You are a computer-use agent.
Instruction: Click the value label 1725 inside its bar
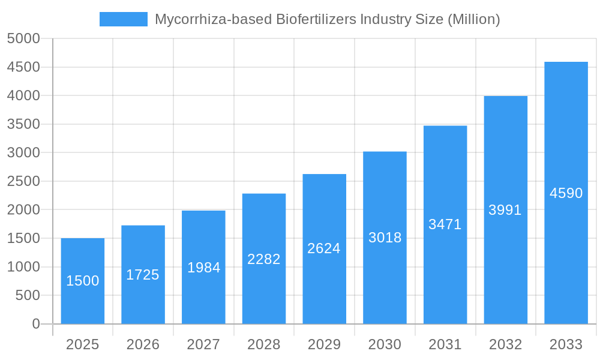pyautogui.click(x=143, y=275)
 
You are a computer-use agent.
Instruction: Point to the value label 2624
pyautogui.click(x=324, y=248)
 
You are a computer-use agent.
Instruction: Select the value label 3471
pyautogui.click(x=445, y=224)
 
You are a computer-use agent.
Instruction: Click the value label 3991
pyautogui.click(x=505, y=210)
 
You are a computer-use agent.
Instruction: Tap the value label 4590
pyautogui.click(x=566, y=193)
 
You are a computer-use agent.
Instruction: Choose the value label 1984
pyautogui.click(x=203, y=268)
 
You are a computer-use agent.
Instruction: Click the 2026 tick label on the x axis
pyautogui.click(x=143, y=344)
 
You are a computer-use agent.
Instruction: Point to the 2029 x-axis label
pyautogui.click(x=324, y=344)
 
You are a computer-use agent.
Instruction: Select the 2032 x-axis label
pyautogui.click(x=505, y=344)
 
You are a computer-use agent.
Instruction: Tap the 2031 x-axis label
pyautogui.click(x=445, y=344)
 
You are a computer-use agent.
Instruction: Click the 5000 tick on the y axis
pyautogui.click(x=23, y=38)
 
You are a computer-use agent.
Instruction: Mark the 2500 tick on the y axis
pyautogui.click(x=23, y=181)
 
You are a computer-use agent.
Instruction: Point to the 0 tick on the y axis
pyautogui.click(x=35, y=324)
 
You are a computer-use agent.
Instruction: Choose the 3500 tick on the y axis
pyautogui.click(x=23, y=124)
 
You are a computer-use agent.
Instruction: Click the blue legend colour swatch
pyautogui.click(x=123, y=19)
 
